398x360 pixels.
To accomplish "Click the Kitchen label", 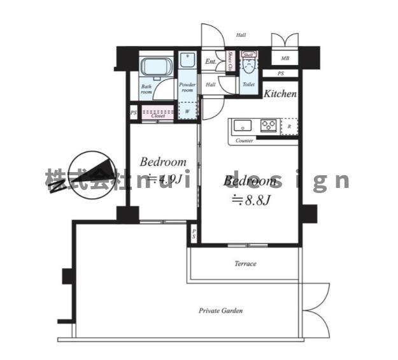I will click(280, 94).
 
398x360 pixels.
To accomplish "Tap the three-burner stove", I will click(269, 126).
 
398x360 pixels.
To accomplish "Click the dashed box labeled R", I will click(289, 126).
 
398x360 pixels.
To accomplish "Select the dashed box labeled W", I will click(187, 110).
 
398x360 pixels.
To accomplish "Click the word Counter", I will click(245, 140).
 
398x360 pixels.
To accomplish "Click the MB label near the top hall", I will click(285, 59).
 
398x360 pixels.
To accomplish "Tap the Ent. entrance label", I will click(210, 62).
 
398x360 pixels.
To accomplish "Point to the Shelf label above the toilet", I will click(249, 55).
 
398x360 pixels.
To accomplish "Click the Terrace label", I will click(245, 264).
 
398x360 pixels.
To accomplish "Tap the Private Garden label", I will click(220, 311).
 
